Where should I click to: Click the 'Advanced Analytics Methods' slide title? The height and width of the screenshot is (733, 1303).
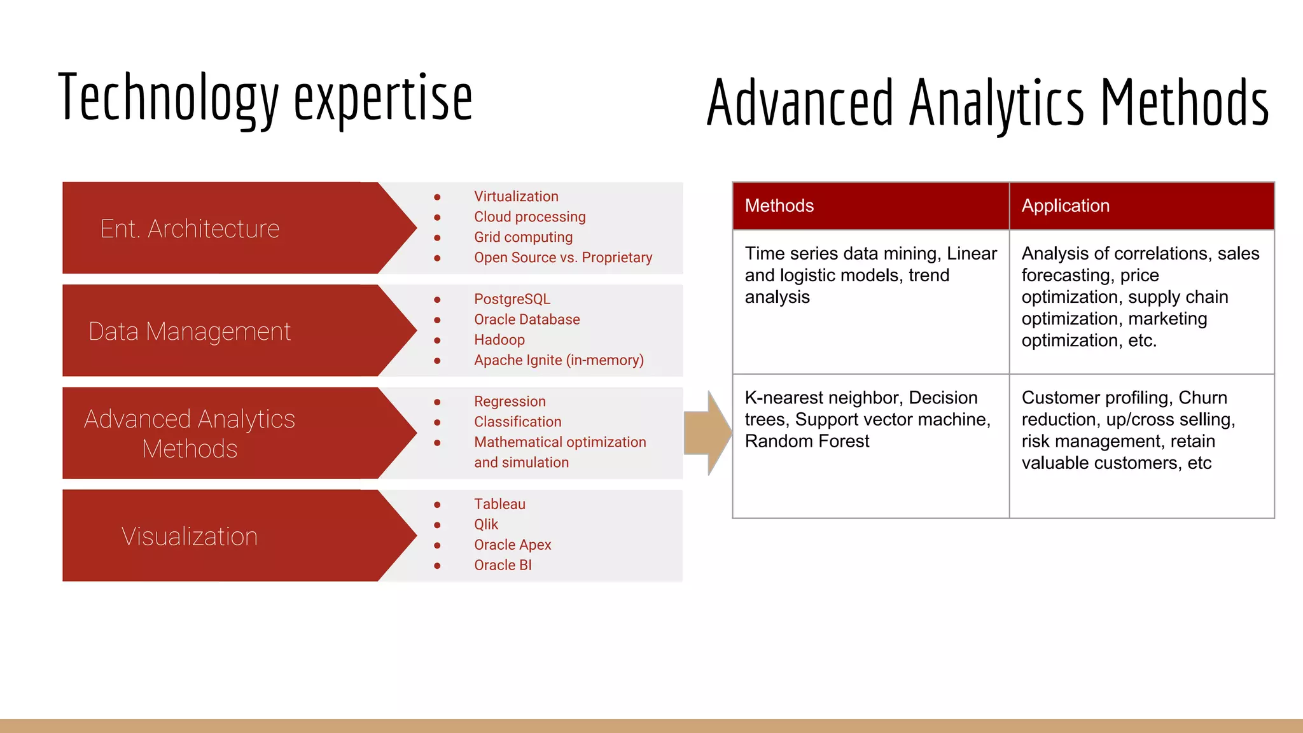987,102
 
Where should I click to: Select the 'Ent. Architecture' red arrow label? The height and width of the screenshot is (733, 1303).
190,228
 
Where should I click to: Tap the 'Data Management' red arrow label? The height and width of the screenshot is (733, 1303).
190,331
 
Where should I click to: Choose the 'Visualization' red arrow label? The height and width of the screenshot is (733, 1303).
190,536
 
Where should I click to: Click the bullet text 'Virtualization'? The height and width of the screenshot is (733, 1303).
516,197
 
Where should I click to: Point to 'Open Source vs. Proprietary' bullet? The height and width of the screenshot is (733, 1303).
563,258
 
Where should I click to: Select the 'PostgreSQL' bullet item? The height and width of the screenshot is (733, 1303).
512,299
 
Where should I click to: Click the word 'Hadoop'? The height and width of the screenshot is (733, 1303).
499,340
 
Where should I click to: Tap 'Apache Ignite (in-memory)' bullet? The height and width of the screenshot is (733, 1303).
559,360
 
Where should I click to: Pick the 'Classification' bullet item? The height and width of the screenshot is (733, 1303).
517,422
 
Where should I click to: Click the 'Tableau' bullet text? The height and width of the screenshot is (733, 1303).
499,504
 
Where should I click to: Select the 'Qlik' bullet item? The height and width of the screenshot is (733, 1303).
486,524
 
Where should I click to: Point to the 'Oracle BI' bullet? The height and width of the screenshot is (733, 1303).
503,565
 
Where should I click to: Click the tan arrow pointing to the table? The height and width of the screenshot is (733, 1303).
709,433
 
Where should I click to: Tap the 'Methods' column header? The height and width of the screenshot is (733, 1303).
779,206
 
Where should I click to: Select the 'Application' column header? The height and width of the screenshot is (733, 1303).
1066,206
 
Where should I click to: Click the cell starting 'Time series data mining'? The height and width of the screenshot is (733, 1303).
870,276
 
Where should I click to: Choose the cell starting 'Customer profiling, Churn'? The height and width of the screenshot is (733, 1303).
1128,430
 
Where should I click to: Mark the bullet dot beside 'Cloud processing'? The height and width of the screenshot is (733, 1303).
437,218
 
